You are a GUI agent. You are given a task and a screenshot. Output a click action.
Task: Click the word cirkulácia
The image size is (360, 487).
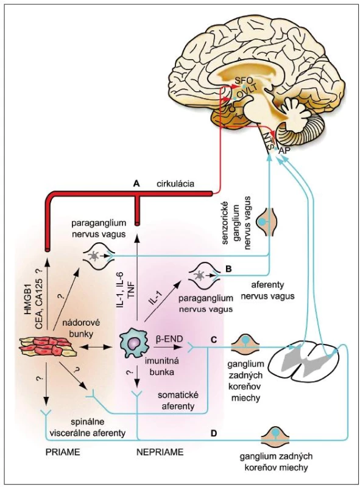175,184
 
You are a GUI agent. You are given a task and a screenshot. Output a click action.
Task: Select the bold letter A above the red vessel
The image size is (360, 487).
136,184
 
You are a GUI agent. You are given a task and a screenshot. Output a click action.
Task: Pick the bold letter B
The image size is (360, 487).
228,268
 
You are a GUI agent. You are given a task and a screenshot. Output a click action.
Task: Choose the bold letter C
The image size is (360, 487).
214,340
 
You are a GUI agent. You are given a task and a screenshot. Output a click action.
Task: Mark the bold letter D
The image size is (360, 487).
214,433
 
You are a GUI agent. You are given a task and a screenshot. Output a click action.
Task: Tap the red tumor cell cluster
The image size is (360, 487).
47,346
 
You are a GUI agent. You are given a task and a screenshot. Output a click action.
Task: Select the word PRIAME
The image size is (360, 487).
63,452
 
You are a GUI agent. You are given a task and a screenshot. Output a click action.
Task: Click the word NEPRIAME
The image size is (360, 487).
160,452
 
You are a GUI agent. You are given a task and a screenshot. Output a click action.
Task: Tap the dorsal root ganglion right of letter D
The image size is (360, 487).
275,436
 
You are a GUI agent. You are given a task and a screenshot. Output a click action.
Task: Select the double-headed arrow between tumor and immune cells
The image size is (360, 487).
93,346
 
